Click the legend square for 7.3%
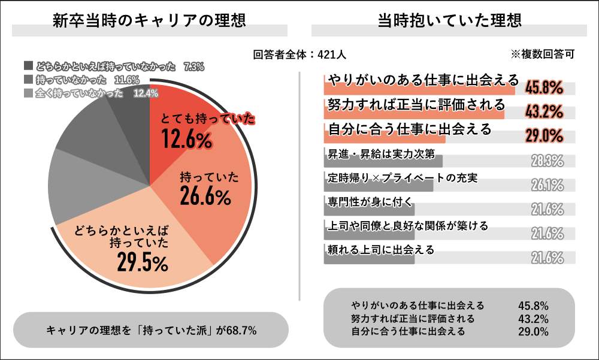(x=28, y=66)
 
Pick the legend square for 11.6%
(x=28, y=79)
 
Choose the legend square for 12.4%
(x=28, y=93)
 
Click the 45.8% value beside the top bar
(x=544, y=89)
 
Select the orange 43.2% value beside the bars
(x=544, y=111)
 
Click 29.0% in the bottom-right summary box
(x=534, y=330)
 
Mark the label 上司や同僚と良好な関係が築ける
(x=408, y=226)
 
